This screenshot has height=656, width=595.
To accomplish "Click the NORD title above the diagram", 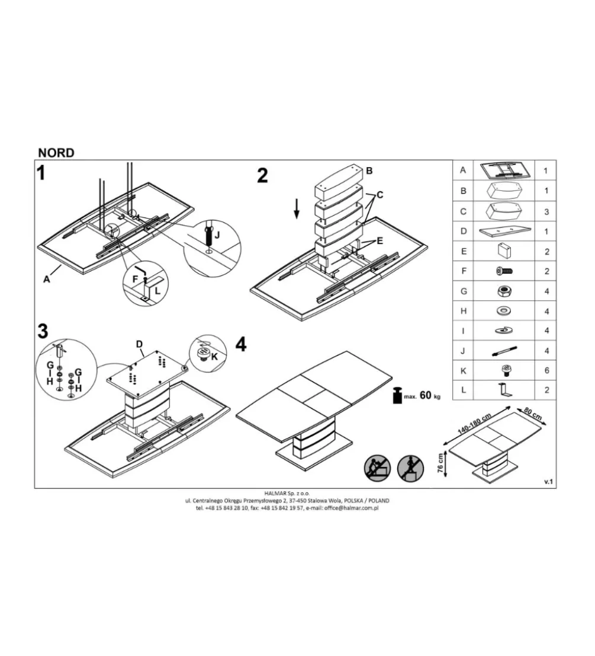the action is [56, 153].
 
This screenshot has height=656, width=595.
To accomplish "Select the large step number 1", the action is [40, 172].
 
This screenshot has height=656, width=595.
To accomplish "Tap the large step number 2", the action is [262, 175].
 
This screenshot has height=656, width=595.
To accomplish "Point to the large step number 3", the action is [43, 331].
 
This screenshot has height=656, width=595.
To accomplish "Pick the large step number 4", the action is [241, 345].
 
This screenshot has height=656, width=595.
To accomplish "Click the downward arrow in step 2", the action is [296, 209].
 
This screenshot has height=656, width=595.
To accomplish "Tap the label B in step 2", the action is [369, 171].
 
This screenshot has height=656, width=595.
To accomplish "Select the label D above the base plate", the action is [139, 344].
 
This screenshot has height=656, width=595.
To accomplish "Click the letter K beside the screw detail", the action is [214, 357].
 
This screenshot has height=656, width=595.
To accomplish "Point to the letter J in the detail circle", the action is [217, 235].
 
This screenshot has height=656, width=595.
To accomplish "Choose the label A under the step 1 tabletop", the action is [46, 279].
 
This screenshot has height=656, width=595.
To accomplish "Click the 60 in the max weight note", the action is [425, 395].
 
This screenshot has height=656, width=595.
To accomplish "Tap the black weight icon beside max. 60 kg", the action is [397, 395].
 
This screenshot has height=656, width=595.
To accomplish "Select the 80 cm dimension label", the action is [533, 414].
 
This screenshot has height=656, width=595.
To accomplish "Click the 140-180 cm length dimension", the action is [474, 424].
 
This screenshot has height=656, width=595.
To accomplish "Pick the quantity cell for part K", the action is [546, 371].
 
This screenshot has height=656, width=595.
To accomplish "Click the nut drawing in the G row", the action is [504, 291].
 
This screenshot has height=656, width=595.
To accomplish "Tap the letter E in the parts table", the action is [464, 251].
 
